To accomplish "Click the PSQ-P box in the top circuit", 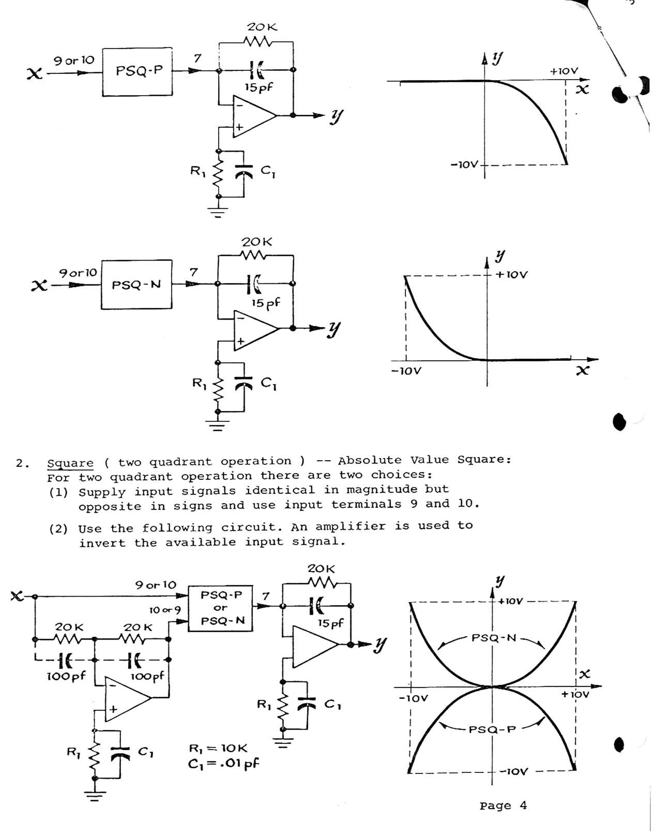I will click(x=137, y=71).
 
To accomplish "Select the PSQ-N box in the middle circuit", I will click(x=136, y=285).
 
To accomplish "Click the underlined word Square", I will click(x=70, y=463).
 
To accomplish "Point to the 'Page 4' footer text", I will click(x=502, y=805).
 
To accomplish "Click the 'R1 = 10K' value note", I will click(x=218, y=748).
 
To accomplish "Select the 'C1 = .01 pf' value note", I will click(x=223, y=764).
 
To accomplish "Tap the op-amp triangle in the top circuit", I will click(x=253, y=116).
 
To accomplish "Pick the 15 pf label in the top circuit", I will click(x=258, y=87).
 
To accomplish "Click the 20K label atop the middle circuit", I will click(x=256, y=242).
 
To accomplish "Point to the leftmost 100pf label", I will click(x=66, y=676).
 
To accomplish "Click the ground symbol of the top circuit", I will click(x=219, y=212).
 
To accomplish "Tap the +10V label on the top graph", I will click(x=563, y=71).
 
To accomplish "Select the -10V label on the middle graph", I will click(x=406, y=371).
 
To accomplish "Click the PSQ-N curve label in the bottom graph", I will click(x=494, y=638).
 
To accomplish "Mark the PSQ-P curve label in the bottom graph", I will click(x=492, y=729).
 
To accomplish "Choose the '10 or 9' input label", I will click(x=165, y=610).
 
